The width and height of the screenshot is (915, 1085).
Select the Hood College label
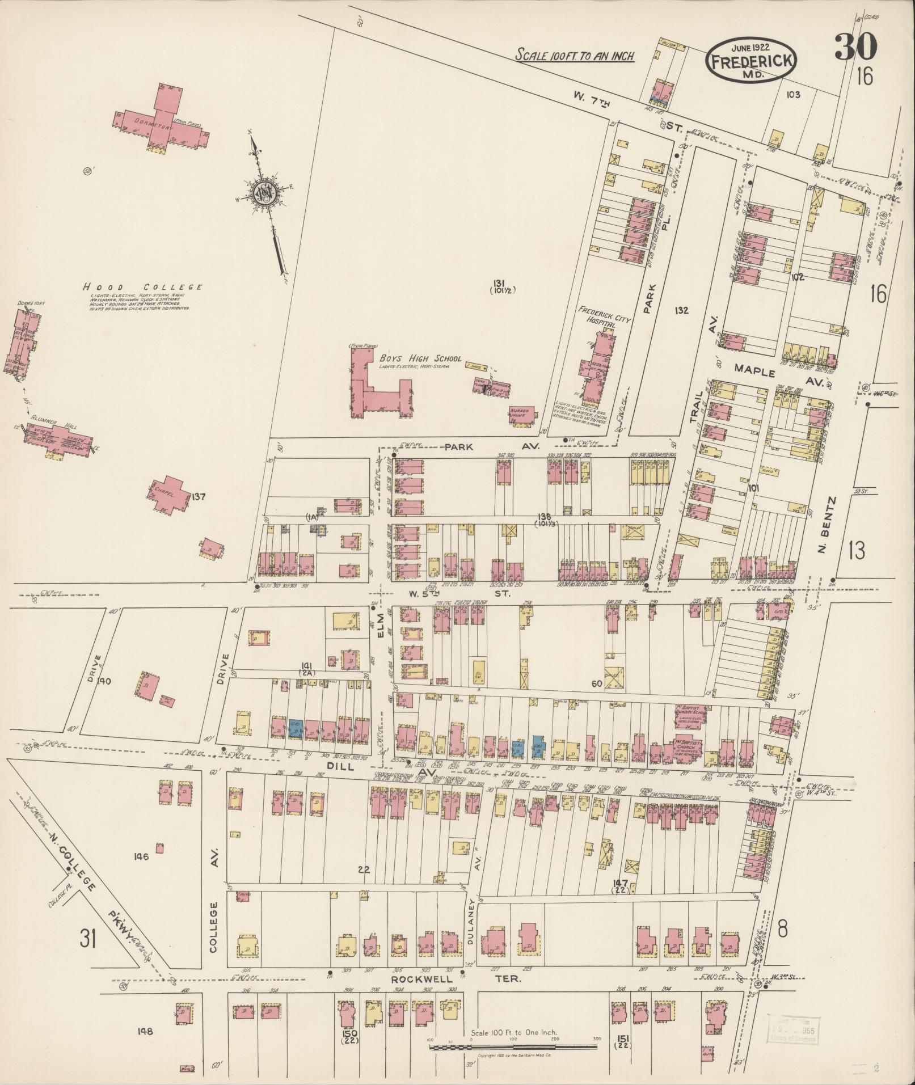tap(141, 287)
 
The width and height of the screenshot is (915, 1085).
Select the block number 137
tap(198, 497)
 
